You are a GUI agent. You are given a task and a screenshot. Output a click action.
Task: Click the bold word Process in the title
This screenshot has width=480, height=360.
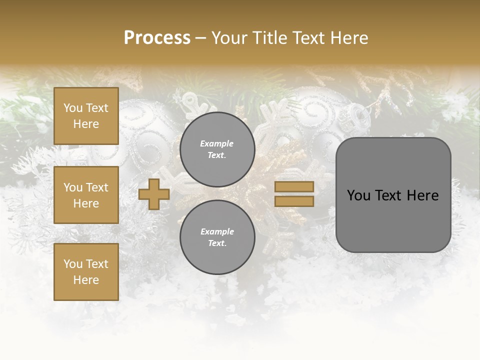(157, 38)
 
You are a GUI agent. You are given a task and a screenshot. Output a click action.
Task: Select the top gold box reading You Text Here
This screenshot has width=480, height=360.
(86, 116)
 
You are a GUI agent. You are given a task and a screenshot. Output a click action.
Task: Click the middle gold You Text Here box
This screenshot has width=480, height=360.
(86, 195)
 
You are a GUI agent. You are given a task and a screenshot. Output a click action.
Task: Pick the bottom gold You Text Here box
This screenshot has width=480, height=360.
(86, 272)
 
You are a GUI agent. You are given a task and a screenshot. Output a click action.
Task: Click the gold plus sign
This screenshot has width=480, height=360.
(154, 194)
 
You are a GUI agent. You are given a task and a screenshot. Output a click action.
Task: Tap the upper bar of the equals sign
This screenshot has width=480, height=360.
(294, 187)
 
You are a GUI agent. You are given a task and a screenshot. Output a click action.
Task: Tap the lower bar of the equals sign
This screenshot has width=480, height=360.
(294, 201)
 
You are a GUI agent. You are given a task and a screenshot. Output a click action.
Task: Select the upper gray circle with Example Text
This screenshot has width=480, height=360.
(217, 149)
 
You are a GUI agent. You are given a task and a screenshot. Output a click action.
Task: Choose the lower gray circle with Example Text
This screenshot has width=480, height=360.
(217, 237)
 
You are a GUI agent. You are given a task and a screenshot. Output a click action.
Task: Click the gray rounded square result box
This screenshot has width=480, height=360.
(393, 195)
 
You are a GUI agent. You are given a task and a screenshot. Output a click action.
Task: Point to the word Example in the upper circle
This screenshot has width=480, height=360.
(217, 143)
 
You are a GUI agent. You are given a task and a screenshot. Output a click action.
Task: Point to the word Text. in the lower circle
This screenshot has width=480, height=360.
(217, 243)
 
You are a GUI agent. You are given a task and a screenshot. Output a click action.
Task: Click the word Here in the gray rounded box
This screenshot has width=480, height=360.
(422, 195)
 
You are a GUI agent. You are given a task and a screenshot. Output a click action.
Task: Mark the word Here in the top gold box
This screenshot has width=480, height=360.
(86, 124)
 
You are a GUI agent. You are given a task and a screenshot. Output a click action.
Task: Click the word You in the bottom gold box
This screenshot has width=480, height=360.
(73, 264)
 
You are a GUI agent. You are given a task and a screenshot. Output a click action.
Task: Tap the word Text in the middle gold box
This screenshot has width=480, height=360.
(97, 187)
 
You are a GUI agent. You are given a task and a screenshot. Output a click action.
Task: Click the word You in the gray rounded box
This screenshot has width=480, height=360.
(358, 195)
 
